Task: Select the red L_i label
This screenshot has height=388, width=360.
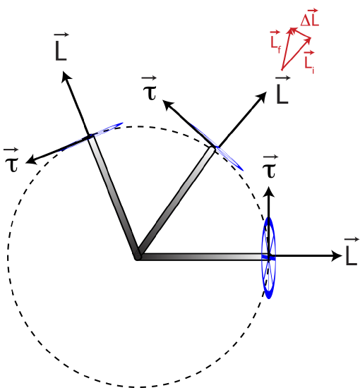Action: pos(310,61)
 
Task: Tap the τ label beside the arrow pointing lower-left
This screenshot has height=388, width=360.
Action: pos(11,159)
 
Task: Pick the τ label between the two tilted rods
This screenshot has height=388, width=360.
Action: pos(149,89)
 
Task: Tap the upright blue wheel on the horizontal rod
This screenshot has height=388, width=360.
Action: pos(268,257)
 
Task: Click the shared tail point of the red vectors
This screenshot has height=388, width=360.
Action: pos(282,71)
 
